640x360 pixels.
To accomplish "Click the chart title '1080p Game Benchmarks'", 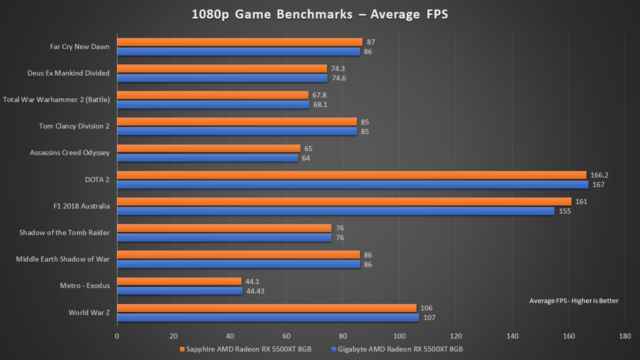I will [x=319, y=14].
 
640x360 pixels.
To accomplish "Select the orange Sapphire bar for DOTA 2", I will [x=351, y=175].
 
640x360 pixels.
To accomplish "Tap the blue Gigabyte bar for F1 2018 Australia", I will [x=335, y=211].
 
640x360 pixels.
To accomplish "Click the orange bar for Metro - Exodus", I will [x=179, y=281].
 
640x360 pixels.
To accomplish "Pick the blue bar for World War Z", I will [x=267, y=317].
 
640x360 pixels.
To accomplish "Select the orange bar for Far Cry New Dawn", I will [x=239, y=42].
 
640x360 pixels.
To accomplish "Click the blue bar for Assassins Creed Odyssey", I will [x=207, y=158].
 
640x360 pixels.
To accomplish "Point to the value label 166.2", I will [x=599, y=175].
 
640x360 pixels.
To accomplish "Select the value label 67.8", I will [x=320, y=95].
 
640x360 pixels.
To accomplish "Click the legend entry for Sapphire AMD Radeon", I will [x=245, y=349].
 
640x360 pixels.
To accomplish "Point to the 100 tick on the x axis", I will [x=399, y=336].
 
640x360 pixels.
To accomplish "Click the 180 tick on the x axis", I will [x=624, y=336].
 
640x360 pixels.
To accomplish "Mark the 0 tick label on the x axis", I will [x=117, y=336].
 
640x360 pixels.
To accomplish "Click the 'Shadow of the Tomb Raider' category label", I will [x=64, y=232].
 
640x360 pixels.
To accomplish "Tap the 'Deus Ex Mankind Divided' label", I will [x=68, y=73].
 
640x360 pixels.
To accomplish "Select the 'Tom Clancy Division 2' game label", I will [x=74, y=126].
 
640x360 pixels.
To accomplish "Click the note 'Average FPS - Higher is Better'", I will [x=573, y=300].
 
